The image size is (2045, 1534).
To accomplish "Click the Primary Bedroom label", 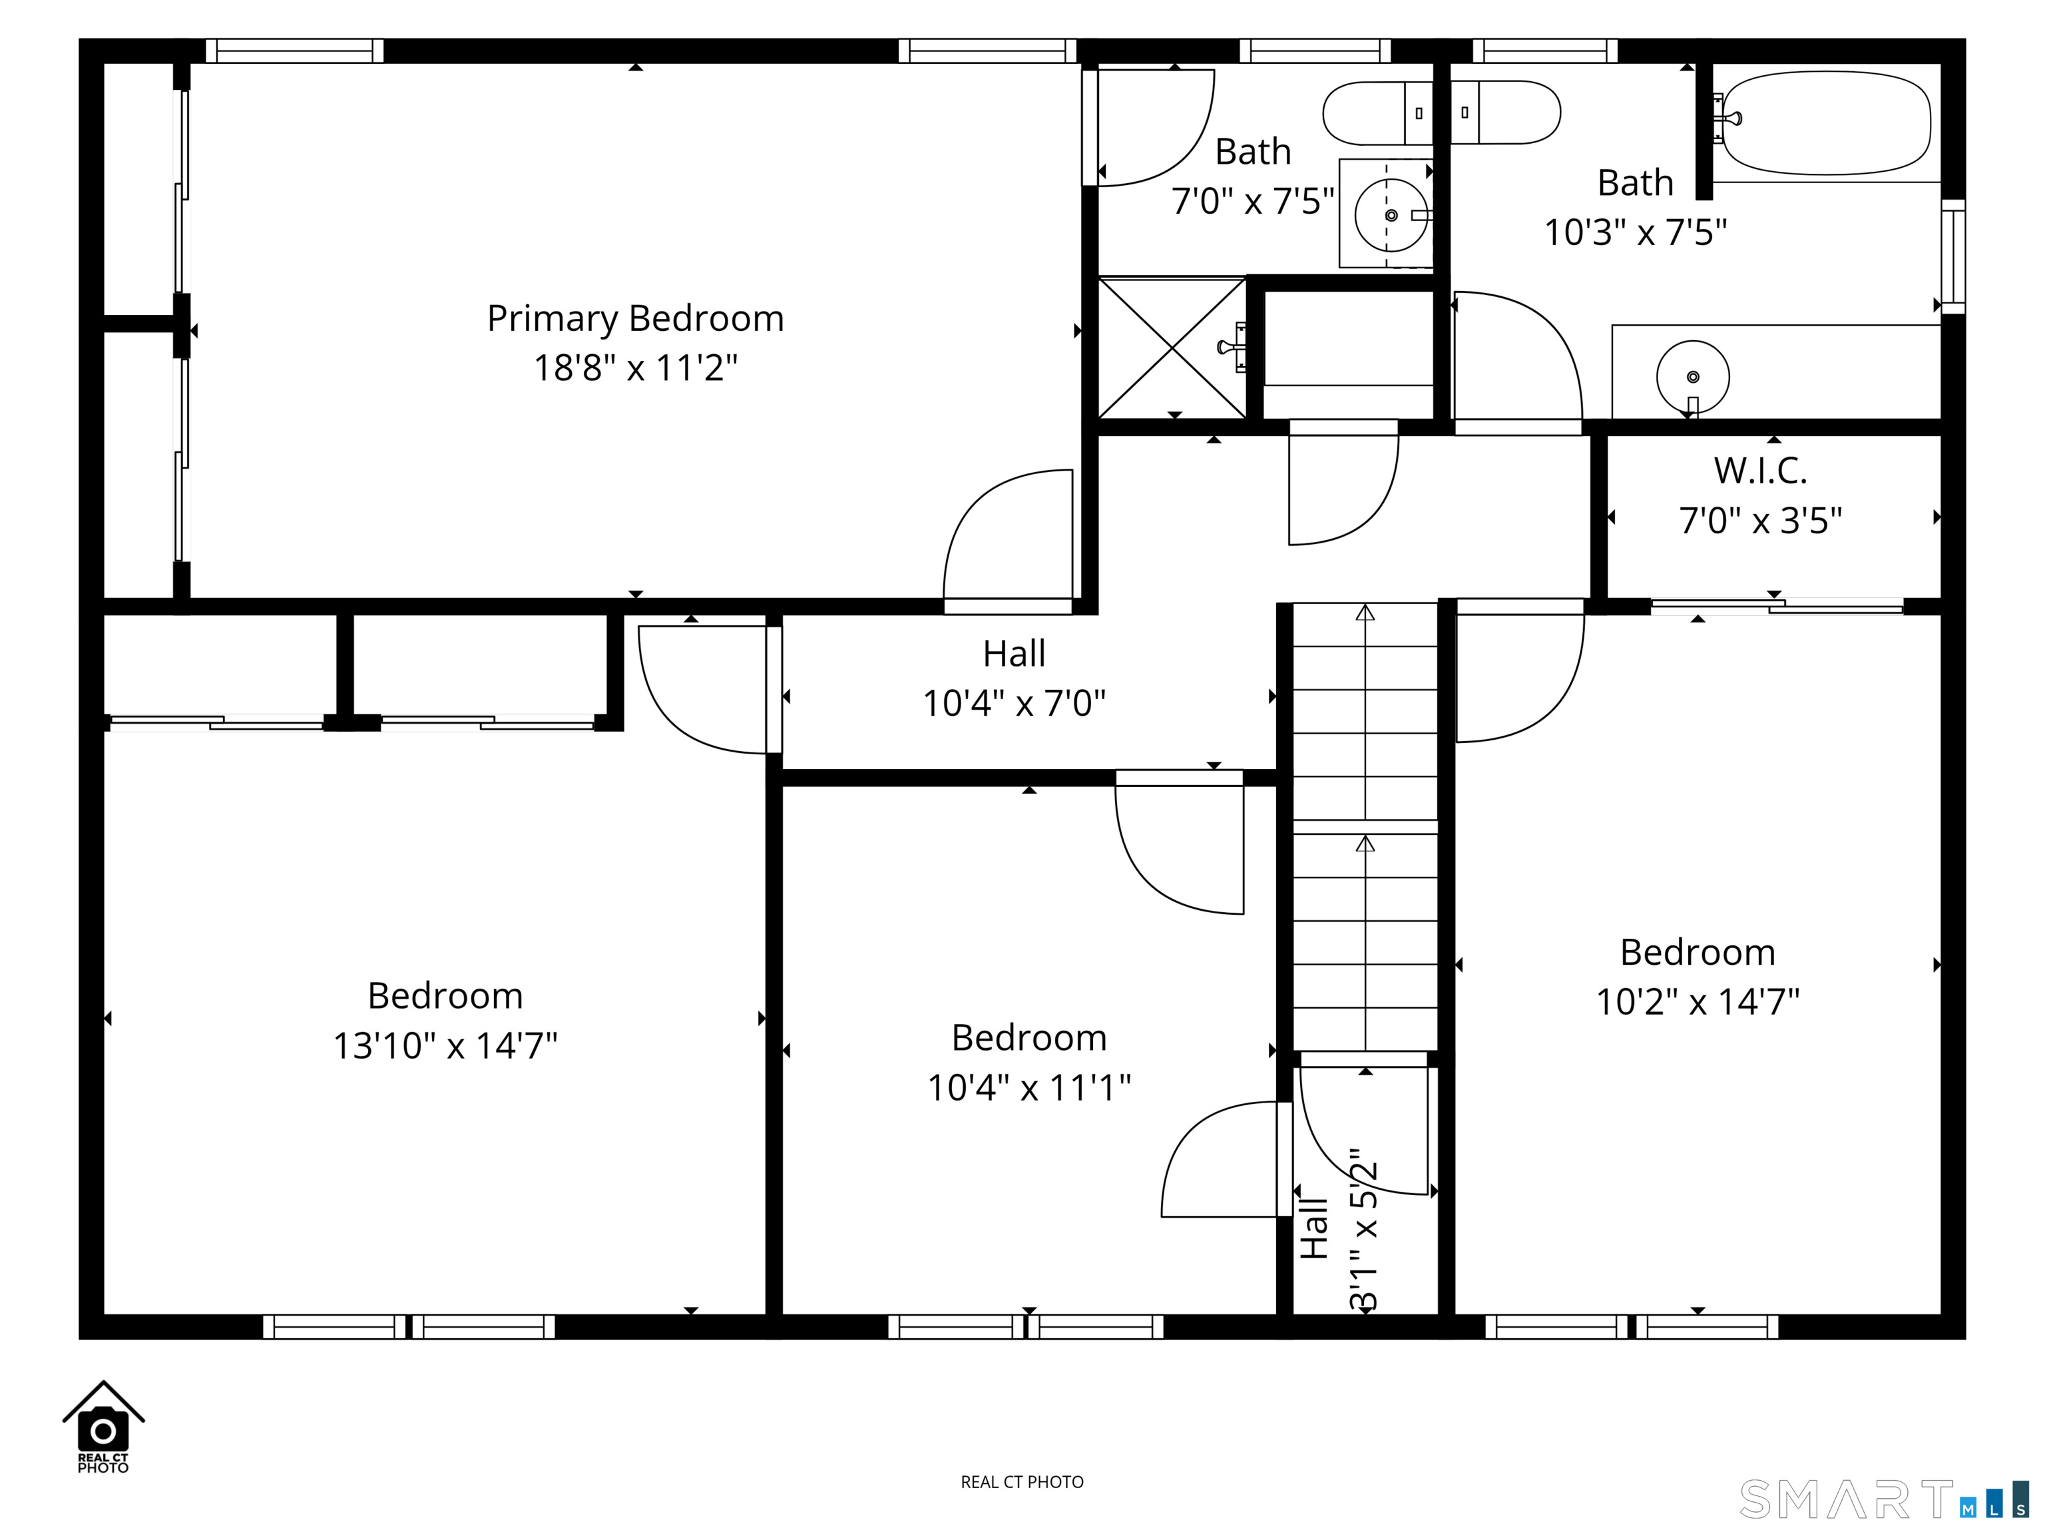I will tap(635, 319).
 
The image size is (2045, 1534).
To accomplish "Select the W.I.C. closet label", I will tap(1759, 471).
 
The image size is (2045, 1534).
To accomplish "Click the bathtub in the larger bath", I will tap(1826, 123).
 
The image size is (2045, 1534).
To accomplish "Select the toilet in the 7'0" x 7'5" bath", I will tap(1377, 113).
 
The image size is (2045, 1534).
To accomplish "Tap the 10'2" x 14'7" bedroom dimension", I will tap(1698, 1001).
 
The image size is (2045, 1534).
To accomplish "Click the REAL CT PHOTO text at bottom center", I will tap(1022, 1482).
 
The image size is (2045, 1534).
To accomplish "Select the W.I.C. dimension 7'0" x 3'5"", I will tap(1759, 521).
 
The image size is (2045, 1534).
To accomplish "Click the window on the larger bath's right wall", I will tap(1952, 256).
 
